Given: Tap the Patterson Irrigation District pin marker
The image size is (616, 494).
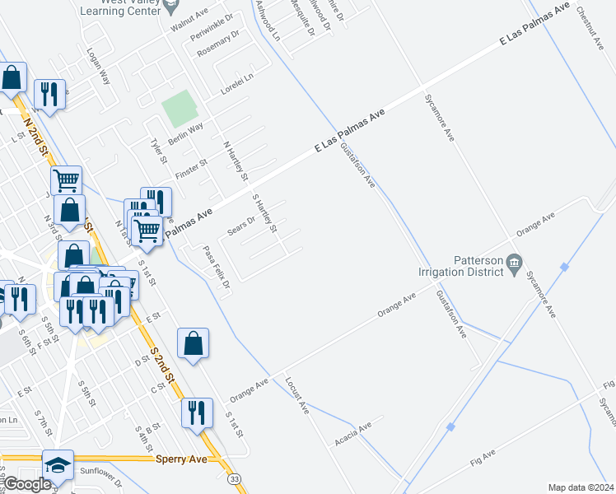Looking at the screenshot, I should pos(514,263).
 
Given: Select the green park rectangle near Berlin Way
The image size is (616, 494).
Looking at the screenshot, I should pos(180,108).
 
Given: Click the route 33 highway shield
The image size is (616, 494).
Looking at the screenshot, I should pos(236,478).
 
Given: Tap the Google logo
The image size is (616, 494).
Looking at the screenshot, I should pos(26,484).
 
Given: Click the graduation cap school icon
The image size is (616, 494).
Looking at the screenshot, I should pos(58,465).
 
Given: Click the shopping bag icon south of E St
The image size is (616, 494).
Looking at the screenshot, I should pos(193,343).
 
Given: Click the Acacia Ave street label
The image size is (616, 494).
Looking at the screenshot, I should pos(354,433).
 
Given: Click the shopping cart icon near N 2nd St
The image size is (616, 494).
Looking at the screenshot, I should pos(66,179).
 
